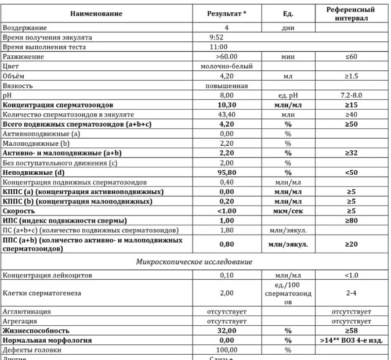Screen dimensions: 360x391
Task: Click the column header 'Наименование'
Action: (96, 13)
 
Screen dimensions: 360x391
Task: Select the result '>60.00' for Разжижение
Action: (226, 57)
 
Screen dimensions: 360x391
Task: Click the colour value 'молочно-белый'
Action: (226, 66)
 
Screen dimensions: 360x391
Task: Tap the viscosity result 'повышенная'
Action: (226, 85)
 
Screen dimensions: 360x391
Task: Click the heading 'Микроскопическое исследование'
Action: (194, 262)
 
